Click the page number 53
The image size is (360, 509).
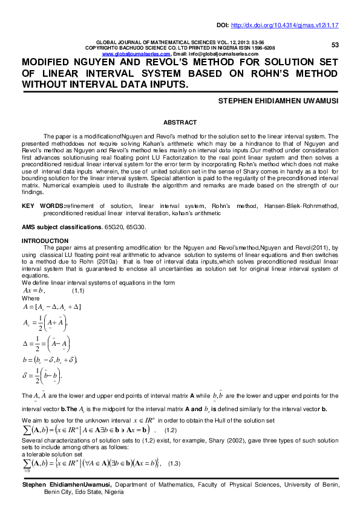point(335,45)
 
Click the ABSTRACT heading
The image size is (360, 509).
point(180,122)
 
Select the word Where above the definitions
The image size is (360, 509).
point(30,299)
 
